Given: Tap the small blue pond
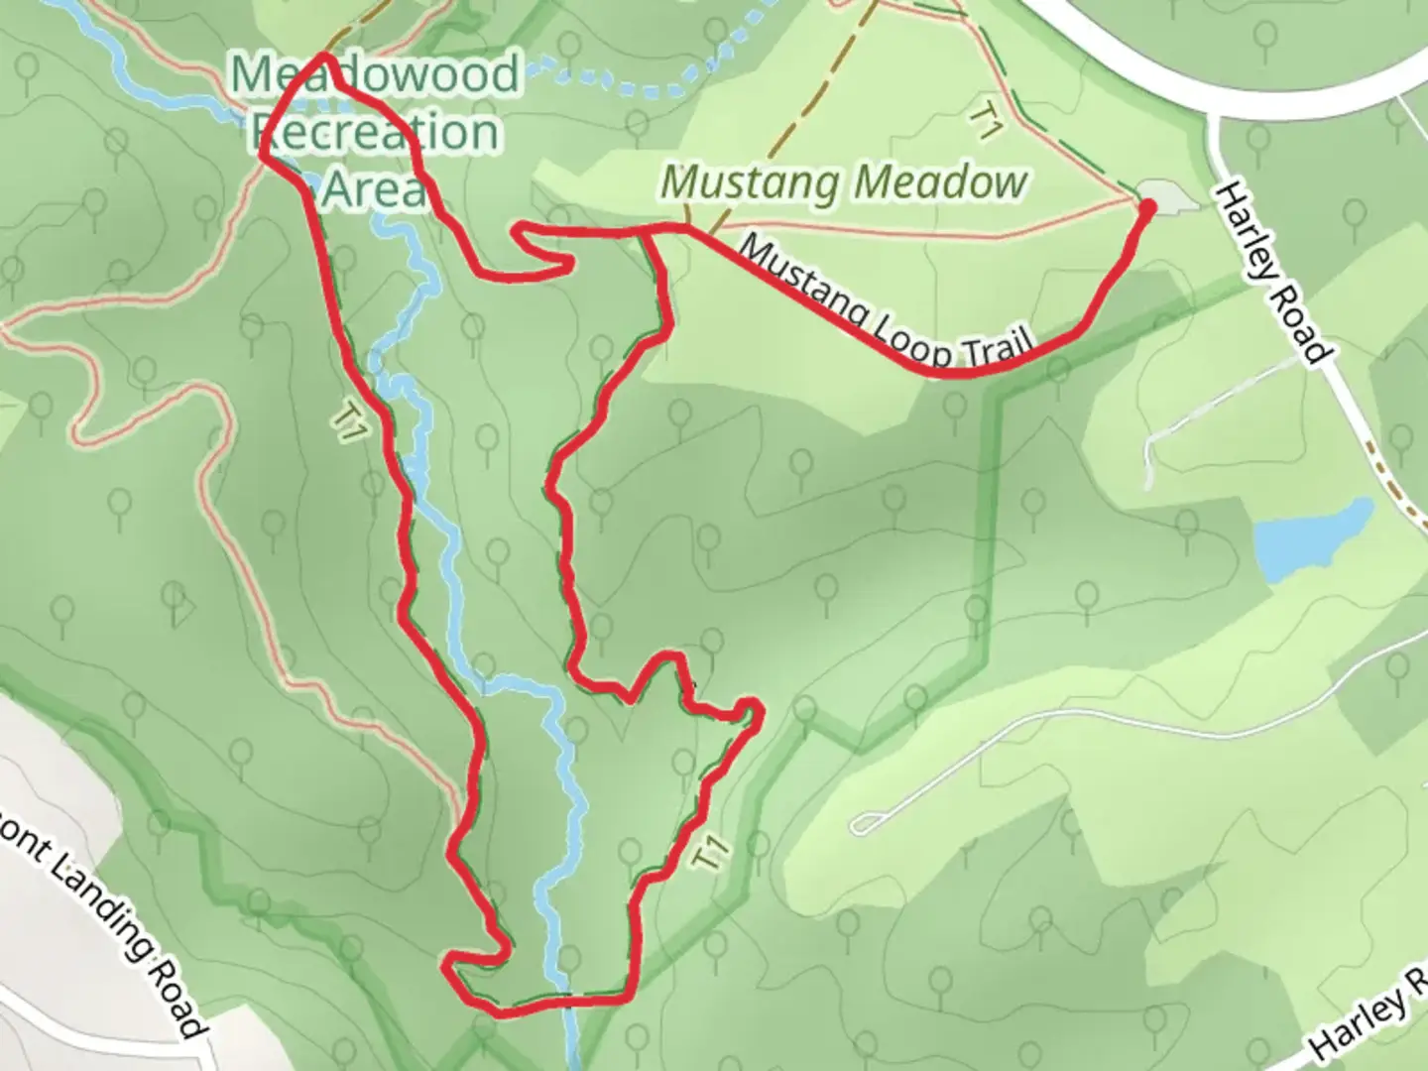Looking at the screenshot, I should pyautogui.click(x=1309, y=540).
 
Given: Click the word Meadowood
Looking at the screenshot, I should pyautogui.click(x=375, y=75).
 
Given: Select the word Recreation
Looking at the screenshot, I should pyautogui.click(x=377, y=132).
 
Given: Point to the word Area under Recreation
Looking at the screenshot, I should pyautogui.click(x=375, y=188).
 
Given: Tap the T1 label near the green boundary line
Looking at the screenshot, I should pyautogui.click(x=712, y=855).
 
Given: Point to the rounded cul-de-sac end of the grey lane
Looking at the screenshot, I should pyautogui.click(x=865, y=823).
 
